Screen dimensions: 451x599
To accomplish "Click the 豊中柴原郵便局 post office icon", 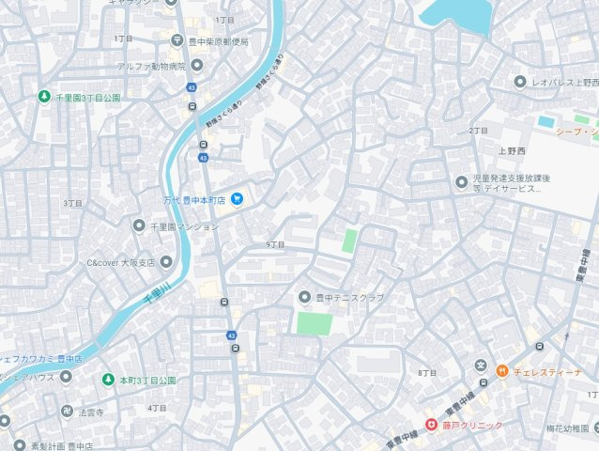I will (177, 40).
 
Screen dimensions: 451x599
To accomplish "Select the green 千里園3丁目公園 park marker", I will (43, 97).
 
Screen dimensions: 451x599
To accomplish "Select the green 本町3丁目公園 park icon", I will (108, 380).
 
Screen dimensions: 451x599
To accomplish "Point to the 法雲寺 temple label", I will (90, 412).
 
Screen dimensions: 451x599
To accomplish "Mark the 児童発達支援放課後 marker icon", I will (461, 181).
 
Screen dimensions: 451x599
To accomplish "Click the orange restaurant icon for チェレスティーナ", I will (502, 371).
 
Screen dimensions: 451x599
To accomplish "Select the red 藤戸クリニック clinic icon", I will (432, 426).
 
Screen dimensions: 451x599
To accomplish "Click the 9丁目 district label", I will (275, 244).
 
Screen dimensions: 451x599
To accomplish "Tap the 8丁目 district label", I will (427, 373).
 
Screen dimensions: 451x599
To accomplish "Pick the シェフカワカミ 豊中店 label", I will (41, 358).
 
